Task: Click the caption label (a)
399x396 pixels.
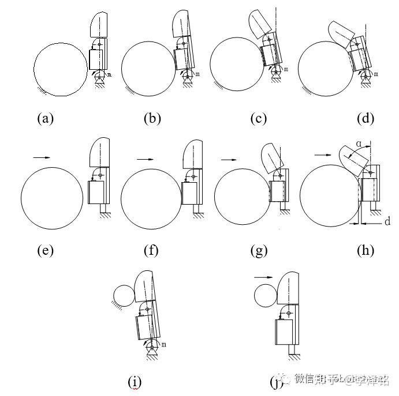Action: [x=45, y=119]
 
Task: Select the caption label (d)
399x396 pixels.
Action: [x=366, y=119]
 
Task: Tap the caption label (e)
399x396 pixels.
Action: [x=45, y=250]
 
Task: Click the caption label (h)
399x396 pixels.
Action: [x=366, y=250]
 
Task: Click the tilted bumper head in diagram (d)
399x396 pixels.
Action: [x=341, y=34]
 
